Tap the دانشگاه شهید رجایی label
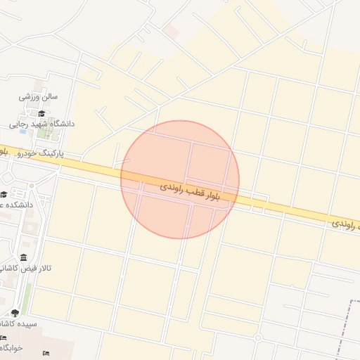[x=41, y=124]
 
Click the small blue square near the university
[x=23, y=131]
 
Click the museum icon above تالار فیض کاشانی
[x=25, y=257]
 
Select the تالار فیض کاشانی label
[x=26, y=268]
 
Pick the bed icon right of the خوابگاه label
[x=46, y=352]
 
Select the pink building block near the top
[x=171, y=31]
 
